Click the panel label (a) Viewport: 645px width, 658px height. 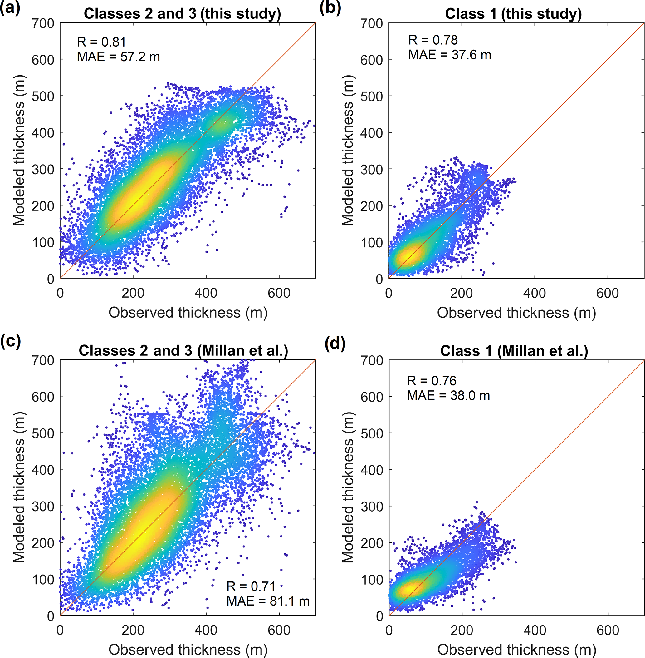pyautogui.click(x=10, y=8)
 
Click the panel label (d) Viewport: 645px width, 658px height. pyautogui.click(x=335, y=344)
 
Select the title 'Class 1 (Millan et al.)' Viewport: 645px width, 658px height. pyautogui.click(x=514, y=351)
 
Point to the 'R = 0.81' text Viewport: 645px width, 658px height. pyautogui.click(x=101, y=42)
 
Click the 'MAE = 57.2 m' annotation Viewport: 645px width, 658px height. pyautogui.click(x=118, y=57)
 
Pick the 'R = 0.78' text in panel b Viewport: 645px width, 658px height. pyautogui.click(x=432, y=40)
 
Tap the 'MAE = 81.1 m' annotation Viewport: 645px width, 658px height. pyautogui.click(x=268, y=601)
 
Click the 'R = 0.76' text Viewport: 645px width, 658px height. pyautogui.click(x=431, y=381)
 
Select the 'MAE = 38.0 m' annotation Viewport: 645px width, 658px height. pyautogui.click(x=448, y=395)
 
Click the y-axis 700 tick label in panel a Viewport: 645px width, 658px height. pyautogui.click(x=43, y=23)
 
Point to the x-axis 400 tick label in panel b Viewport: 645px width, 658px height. pyautogui.click(x=534, y=293)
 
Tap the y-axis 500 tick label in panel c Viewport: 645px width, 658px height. pyautogui.click(x=43, y=433)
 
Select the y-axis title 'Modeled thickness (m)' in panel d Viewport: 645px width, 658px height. pyautogui.click(x=348, y=487)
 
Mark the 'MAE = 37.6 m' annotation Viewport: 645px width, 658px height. pyautogui.click(x=449, y=55)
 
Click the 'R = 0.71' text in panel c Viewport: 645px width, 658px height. pyautogui.click(x=251, y=586)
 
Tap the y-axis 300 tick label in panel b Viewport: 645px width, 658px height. pyautogui.click(x=371, y=169)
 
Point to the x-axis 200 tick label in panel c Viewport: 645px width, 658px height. pyautogui.click(x=133, y=630)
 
